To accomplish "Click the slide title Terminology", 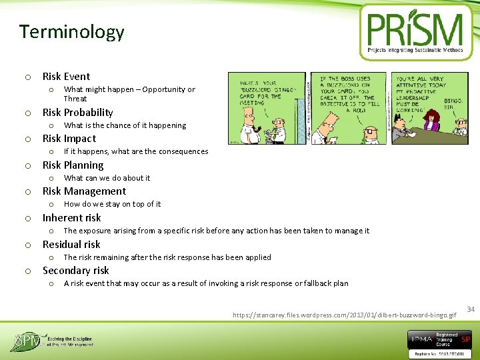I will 71,32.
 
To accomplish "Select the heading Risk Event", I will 66,77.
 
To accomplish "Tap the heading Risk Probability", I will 77,113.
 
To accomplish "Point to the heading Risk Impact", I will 69,139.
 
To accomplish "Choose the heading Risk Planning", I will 73,165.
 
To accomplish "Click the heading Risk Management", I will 84,191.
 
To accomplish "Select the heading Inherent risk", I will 71,218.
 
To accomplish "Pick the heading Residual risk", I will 71,244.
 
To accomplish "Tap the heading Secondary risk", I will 75,271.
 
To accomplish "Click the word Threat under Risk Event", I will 75,99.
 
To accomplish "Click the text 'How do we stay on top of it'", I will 112,204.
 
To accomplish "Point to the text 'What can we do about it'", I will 107,178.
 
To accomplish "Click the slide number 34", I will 470,309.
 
